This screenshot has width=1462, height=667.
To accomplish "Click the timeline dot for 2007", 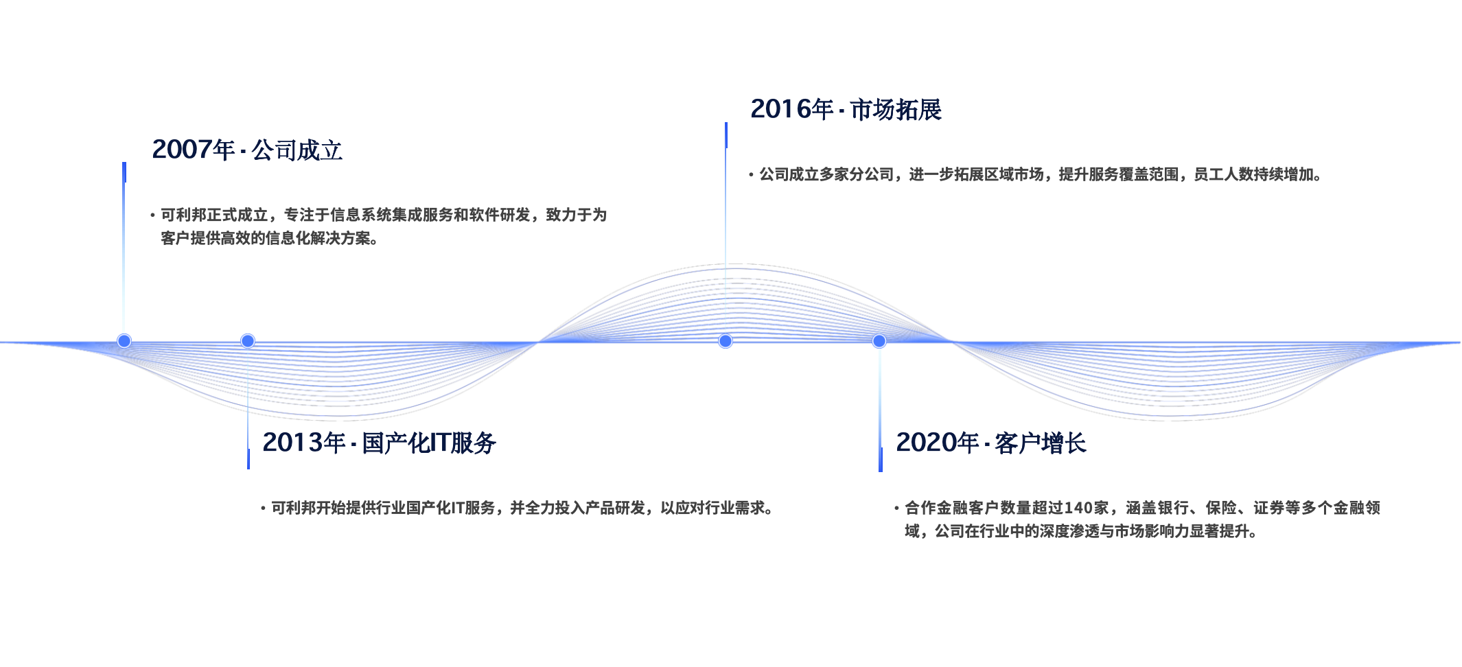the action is tap(124, 341).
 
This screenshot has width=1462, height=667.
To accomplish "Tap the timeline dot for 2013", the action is tap(248, 341).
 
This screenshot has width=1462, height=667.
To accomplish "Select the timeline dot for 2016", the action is tap(726, 341).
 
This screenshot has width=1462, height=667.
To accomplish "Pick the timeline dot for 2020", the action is tap(879, 341).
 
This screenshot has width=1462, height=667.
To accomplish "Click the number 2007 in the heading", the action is tap(182, 150).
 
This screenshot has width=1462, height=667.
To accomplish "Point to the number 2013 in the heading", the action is tap(292, 443).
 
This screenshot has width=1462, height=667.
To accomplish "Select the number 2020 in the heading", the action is tap(926, 443).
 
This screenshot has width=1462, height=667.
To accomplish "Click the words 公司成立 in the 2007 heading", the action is tap(297, 150).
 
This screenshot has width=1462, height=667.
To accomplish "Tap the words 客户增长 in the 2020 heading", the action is tap(1041, 443).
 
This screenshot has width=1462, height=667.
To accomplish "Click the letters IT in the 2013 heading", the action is tap(439, 443).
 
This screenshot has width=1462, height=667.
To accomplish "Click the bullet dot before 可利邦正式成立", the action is tap(152, 215).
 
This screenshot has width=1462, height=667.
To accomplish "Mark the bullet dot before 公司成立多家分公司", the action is tap(751, 175).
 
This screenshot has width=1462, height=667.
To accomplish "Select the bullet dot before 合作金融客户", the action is tap(896, 508).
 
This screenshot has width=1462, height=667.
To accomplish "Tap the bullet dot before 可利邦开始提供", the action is tap(263, 508).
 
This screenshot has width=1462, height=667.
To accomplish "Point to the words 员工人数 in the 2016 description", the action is tap(1224, 174).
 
